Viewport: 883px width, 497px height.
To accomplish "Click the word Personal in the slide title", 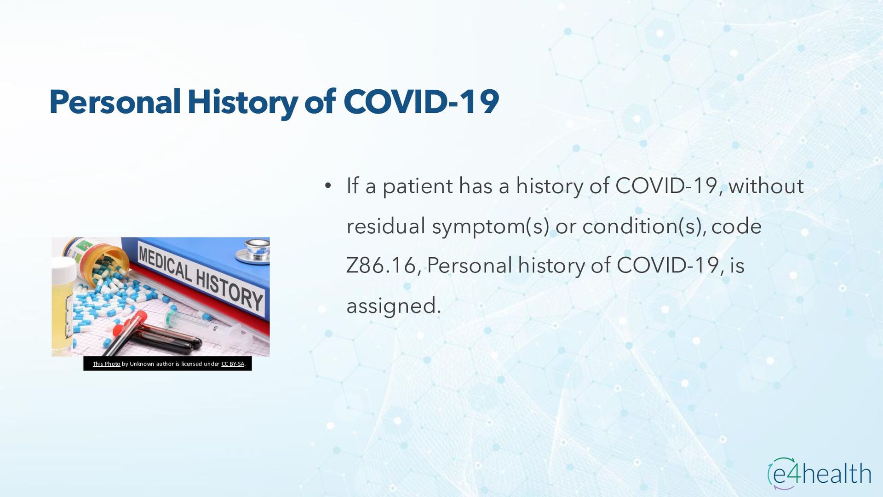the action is click(115, 102).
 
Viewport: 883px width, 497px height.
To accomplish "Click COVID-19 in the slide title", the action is click(421, 102).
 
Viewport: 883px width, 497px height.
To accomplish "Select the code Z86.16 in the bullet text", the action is click(381, 266).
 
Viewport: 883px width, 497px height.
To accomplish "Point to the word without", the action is click(766, 186).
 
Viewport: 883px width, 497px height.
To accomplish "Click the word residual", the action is click(385, 226).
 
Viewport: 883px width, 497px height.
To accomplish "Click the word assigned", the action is click(394, 306).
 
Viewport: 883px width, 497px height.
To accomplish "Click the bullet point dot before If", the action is click(327, 186).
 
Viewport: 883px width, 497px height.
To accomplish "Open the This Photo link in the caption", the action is click(106, 364).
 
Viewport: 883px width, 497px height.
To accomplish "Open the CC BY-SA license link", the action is click(233, 364).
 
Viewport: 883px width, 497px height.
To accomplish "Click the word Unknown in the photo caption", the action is click(142, 364).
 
